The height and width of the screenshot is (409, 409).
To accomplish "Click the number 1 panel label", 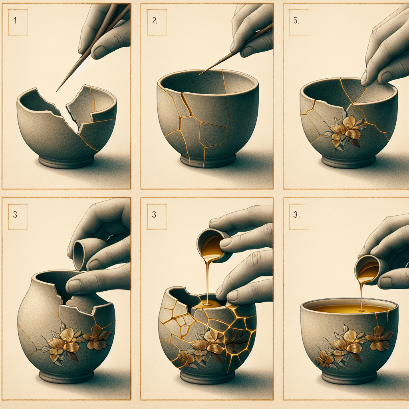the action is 15,20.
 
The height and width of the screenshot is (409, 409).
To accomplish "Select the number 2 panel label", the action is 155,20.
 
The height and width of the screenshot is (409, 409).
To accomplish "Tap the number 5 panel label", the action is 296,20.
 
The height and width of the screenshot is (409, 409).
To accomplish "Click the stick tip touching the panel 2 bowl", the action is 200,74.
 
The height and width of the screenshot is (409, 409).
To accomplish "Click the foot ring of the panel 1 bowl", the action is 66,162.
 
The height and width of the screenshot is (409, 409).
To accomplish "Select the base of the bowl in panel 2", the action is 208,161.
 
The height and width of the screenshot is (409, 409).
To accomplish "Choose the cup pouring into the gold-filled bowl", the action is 368,270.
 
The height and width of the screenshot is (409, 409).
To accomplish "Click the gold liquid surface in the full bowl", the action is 349,309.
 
